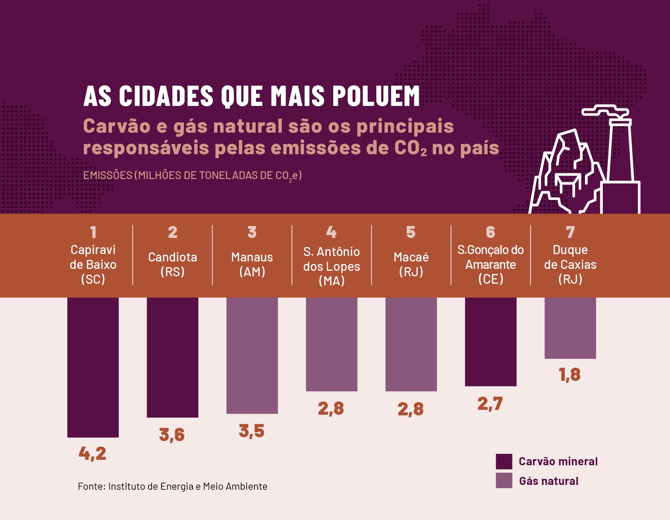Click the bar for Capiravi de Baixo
[93, 367]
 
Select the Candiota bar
[172, 357]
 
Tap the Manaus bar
[252, 355]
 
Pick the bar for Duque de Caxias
[570, 328]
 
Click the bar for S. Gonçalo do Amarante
[491, 342]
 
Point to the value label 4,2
[93, 453]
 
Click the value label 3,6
[172, 435]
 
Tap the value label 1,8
[570, 374]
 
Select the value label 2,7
[490, 404]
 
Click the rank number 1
[93, 232]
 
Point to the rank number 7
[570, 232]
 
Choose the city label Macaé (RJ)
[411, 264]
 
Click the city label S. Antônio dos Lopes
[332, 266]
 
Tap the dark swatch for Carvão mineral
[504, 461]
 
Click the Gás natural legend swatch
[504, 480]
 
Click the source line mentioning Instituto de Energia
[172, 486]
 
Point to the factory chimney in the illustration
[621, 151]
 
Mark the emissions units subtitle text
[192, 175]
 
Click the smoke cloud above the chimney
[605, 111]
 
